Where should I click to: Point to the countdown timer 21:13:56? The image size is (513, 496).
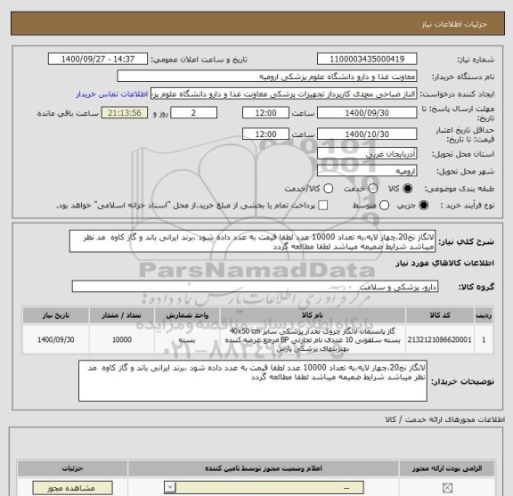click(x=127, y=114)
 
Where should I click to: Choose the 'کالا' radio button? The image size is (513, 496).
click(x=408, y=189)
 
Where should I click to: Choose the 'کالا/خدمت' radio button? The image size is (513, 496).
click(x=329, y=189)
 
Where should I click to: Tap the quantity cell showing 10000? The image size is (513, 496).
click(x=122, y=340)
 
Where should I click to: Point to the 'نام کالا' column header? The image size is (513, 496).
click(x=313, y=315)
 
